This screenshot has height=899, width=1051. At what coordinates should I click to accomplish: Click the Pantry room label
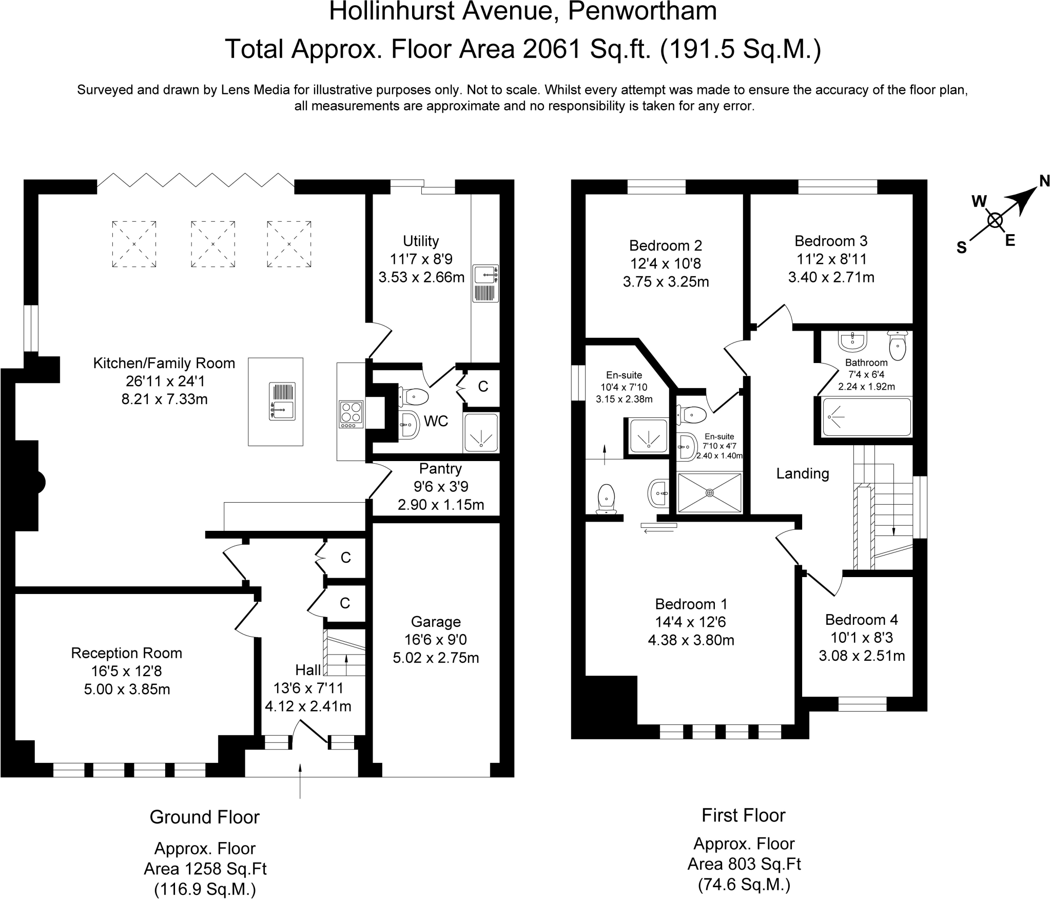440,468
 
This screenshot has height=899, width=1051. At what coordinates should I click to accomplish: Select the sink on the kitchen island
282,401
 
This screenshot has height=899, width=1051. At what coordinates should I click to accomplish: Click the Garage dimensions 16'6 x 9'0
436,640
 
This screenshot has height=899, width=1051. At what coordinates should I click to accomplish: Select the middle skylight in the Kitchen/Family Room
212,244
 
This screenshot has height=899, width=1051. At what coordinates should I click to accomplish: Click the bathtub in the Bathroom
866,417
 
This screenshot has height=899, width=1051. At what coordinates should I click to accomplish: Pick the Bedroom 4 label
862,620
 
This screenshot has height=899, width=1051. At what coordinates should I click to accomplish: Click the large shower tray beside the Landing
710,493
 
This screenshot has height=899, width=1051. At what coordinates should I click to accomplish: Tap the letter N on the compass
1044,181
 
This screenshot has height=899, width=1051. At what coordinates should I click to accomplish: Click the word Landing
802,473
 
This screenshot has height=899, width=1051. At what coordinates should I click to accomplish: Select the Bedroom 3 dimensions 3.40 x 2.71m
831,277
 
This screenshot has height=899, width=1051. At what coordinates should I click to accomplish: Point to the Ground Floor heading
204,817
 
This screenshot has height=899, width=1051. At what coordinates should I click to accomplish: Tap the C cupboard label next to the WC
483,387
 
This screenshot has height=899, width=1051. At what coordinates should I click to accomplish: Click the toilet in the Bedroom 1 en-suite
607,499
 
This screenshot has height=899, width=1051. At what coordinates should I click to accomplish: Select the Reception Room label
126,653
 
